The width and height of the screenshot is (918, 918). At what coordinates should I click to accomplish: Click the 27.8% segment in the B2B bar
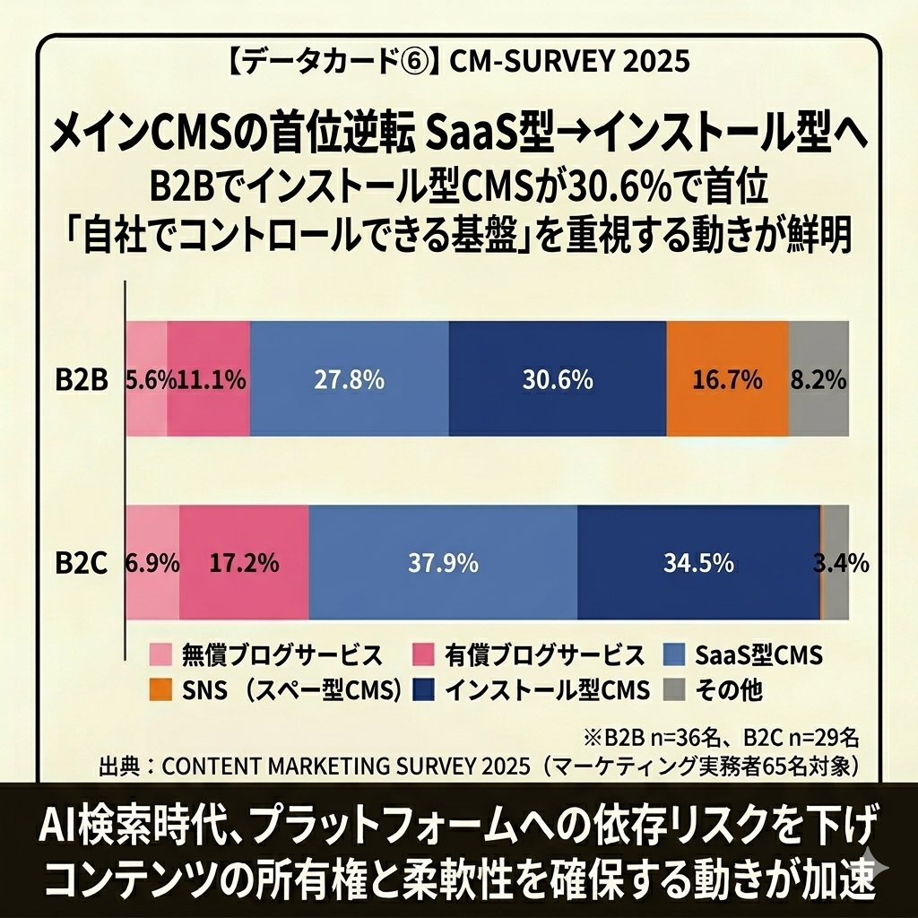350,379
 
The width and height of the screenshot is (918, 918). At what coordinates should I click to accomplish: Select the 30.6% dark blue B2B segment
557,379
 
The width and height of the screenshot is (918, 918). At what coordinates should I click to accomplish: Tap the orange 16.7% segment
727,379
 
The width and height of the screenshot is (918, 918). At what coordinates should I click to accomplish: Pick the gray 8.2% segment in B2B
818,379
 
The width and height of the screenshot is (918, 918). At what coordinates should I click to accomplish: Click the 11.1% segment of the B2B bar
208,379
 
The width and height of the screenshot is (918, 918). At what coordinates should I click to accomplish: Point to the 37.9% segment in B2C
443,563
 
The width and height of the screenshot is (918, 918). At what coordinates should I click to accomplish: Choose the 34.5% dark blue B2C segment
698,563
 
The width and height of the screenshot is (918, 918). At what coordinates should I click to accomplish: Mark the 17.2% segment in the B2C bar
244,563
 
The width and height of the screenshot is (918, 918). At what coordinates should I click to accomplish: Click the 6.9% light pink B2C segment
152,563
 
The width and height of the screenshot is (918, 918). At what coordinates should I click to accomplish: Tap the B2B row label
81,380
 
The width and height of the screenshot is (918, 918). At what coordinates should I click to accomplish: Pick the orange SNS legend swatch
160,690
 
